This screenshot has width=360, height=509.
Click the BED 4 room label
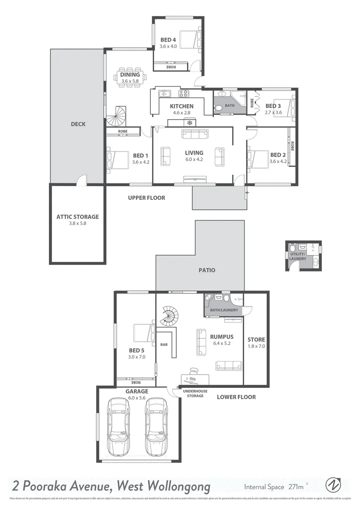[168, 40]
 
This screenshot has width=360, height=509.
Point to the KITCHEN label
[182, 107]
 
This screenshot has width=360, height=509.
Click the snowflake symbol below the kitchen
[189, 123]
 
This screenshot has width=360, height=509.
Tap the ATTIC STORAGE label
[78, 217]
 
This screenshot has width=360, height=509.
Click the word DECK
[78, 124]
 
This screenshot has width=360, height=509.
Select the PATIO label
[207, 270]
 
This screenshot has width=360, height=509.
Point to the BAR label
[164, 345]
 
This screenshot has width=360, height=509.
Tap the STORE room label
[256, 339]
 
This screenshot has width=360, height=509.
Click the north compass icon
[334, 485]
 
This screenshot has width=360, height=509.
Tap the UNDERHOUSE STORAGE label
[193, 393]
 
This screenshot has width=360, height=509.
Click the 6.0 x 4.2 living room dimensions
[194, 159]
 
